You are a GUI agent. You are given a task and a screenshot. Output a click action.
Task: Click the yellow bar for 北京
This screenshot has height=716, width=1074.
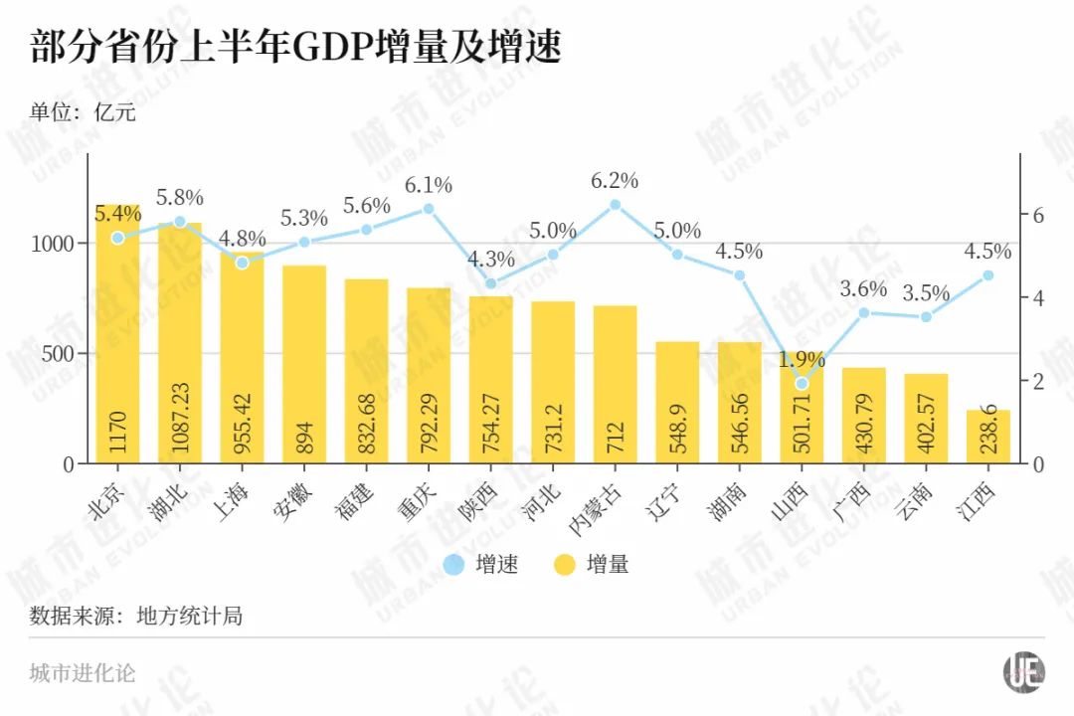117,338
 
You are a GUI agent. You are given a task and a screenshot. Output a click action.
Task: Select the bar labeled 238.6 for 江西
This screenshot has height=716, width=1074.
987,438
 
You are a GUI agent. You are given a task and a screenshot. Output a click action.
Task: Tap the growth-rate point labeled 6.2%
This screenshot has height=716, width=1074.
615,205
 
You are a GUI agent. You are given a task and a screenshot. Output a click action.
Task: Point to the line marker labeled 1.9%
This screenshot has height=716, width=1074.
802,383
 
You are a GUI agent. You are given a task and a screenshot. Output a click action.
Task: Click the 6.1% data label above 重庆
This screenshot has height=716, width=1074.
429,185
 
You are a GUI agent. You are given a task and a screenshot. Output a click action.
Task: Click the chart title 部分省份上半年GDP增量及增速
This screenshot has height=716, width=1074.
295,48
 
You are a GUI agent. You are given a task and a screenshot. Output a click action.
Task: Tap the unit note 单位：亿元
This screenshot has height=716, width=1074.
83,112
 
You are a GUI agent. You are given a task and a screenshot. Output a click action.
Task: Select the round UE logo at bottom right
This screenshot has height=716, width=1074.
1023,672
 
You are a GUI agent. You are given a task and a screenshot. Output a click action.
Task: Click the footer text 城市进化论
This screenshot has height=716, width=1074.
83,673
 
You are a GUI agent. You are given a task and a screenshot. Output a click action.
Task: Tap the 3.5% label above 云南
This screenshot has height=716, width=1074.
926,293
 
